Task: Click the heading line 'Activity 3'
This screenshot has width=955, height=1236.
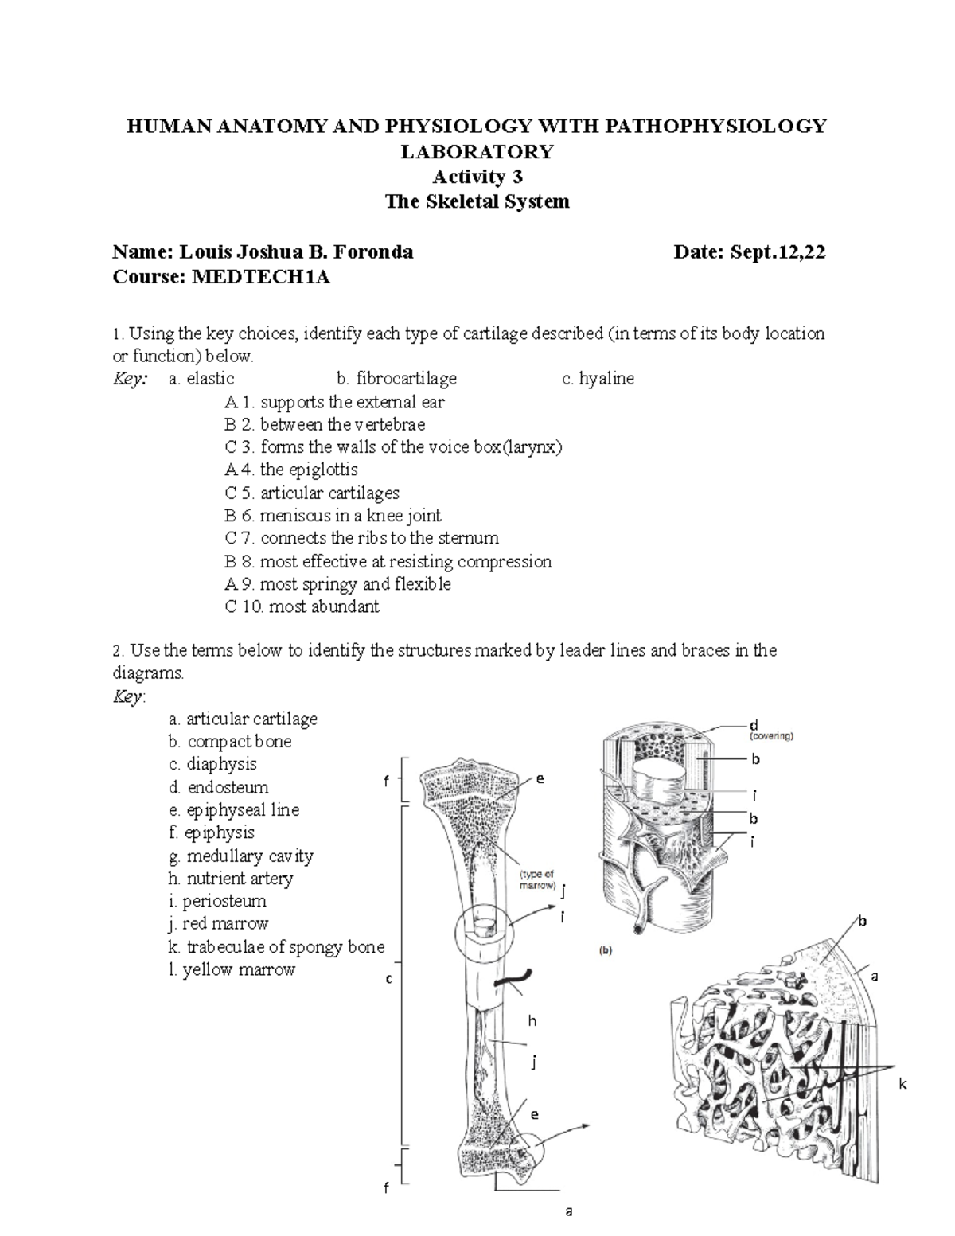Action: click(477, 176)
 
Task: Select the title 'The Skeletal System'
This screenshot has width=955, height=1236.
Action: click(477, 201)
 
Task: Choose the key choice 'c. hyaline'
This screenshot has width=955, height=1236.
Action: click(598, 379)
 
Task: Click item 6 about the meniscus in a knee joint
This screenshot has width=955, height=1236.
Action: click(333, 516)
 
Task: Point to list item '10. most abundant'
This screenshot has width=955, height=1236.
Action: click(302, 606)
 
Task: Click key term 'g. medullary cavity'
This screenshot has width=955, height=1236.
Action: click(241, 856)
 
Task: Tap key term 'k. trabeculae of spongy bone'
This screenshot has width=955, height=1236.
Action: click(276, 947)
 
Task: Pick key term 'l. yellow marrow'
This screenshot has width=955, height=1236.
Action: click(232, 970)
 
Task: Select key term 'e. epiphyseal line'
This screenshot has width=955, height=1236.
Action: click(234, 810)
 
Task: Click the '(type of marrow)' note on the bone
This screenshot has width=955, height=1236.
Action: click(537, 879)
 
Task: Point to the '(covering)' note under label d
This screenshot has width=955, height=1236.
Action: click(770, 736)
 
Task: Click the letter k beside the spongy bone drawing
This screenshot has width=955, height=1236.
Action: click(903, 1085)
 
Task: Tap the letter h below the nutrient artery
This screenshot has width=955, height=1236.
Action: click(532, 1020)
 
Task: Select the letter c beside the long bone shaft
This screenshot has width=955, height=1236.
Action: click(389, 979)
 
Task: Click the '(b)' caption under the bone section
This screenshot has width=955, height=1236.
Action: click(605, 949)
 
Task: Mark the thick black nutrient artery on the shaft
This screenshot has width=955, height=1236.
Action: click(514, 977)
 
